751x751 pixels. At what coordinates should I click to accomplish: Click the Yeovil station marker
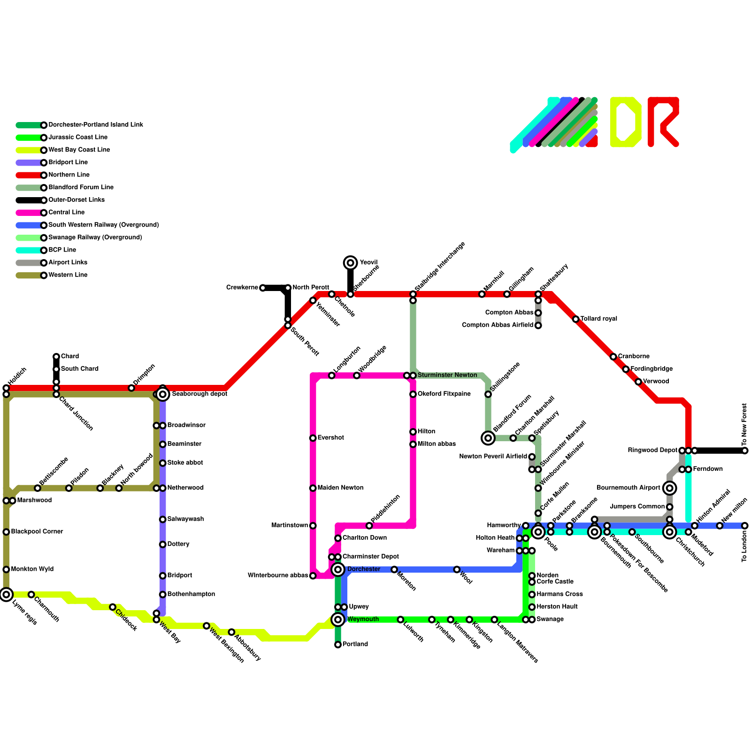pos(350,263)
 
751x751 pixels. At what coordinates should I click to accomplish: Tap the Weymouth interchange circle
pos(338,620)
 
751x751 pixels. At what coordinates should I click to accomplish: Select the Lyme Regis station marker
pos(6,595)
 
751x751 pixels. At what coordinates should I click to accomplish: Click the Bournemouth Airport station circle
pos(670,488)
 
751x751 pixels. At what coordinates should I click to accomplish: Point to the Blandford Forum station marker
pos(488,438)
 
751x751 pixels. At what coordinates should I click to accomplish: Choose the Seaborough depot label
pos(199,394)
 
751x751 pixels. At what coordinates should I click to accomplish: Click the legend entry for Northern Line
pos(69,175)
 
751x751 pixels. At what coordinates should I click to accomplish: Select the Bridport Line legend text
pos(68,162)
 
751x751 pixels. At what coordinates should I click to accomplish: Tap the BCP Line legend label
pos(62,250)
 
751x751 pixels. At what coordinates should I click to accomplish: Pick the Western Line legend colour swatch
pos(29,276)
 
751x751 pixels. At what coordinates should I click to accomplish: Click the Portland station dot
pos(338,645)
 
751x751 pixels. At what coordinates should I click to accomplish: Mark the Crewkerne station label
pos(242,288)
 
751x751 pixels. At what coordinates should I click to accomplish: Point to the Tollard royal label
pos(598,319)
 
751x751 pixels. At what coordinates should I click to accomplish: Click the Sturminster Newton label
pos(447,375)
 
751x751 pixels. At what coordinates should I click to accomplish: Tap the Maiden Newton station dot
pos(313,488)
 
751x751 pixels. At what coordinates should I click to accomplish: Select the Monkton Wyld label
pos(32,569)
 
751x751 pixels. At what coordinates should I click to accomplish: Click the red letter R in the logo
pos(663,122)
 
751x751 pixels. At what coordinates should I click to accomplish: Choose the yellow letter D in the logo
pos(626,122)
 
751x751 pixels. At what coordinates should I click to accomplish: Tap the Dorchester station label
pos(363,569)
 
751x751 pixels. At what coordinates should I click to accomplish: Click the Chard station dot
pos(56,357)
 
